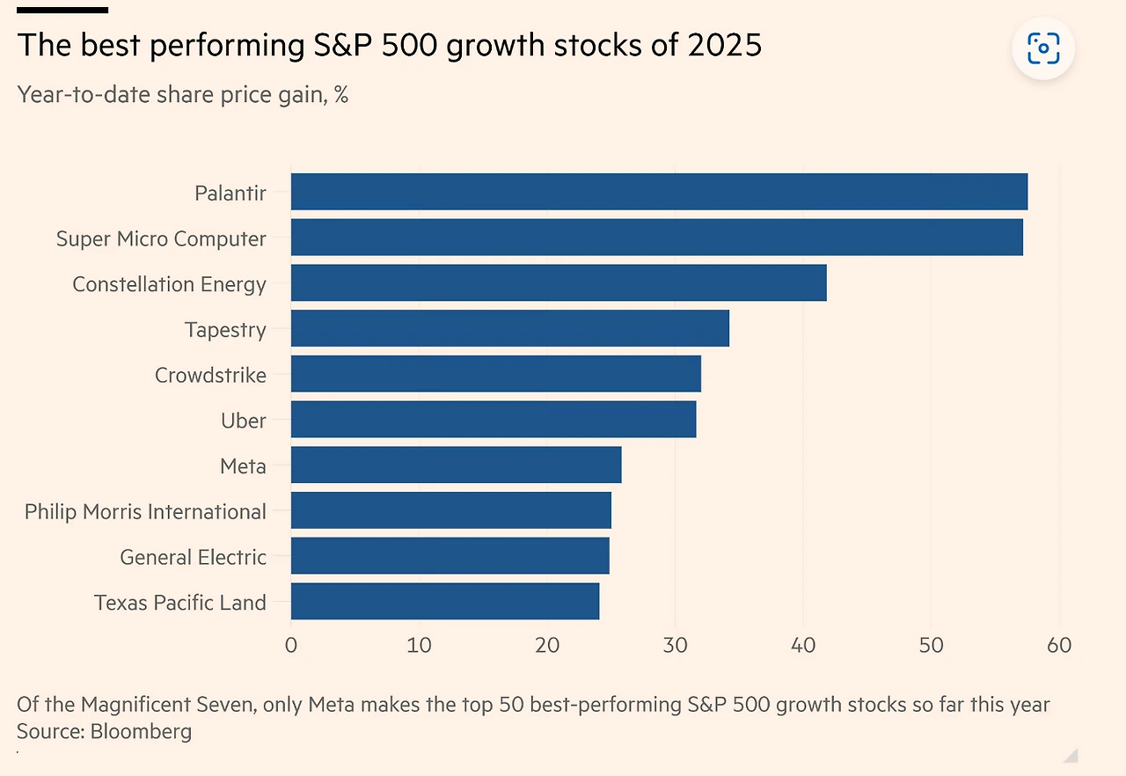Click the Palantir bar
click(x=659, y=192)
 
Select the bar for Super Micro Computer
click(x=656, y=238)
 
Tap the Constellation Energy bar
click(x=559, y=283)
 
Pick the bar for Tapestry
click(x=509, y=328)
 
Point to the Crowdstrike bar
click(x=495, y=374)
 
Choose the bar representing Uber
click(x=493, y=420)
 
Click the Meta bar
click(x=456, y=465)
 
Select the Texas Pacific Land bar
click(x=444, y=601)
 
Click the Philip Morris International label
click(x=145, y=511)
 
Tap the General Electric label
click(x=193, y=557)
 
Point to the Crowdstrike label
click(x=210, y=375)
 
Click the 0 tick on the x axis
click(x=291, y=645)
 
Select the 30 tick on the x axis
click(x=675, y=645)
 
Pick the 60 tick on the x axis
click(x=1059, y=645)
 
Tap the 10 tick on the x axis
click(x=419, y=645)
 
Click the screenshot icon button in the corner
click(x=1043, y=48)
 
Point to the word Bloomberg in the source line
click(x=141, y=731)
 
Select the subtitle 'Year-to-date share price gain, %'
click(x=183, y=94)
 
